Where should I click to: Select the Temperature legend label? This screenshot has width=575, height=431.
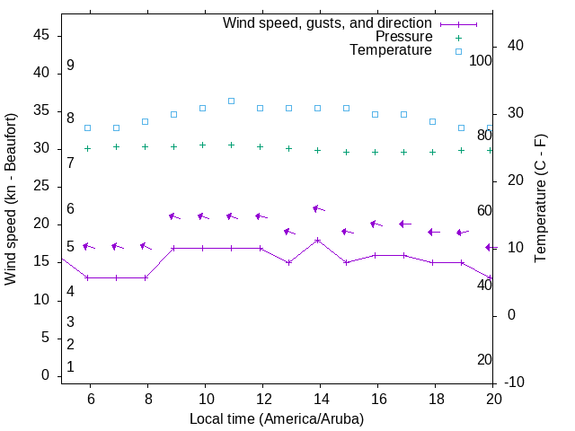(391, 51)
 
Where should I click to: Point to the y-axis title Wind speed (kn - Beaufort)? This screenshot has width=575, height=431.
(11, 199)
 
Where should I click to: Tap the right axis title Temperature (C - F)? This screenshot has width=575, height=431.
(540, 199)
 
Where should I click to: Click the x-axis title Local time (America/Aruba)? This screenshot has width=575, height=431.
(277, 418)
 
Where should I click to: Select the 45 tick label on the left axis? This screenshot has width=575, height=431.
(41, 35)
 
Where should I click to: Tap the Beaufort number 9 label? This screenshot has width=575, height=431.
(70, 66)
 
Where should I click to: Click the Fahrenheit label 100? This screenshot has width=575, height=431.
(481, 60)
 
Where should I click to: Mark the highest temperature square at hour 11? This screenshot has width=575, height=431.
(232, 101)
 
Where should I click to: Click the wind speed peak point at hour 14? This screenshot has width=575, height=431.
(318, 240)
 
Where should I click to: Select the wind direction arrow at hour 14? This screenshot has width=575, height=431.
(318, 208)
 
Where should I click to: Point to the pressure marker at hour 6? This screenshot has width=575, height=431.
(88, 148)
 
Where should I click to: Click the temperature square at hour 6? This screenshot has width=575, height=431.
(88, 128)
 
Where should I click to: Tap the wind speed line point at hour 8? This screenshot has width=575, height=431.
(146, 277)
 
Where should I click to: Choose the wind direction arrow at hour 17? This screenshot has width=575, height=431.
(404, 224)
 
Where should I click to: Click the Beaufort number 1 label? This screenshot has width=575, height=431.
(70, 367)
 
